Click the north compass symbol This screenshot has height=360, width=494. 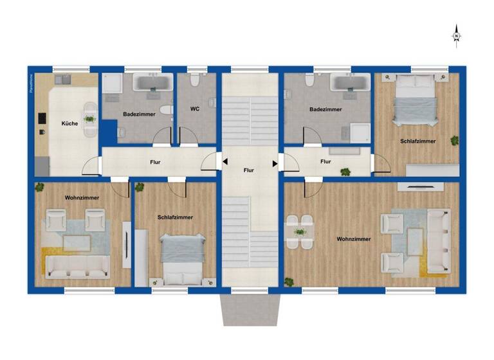[456, 35]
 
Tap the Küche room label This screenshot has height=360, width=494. [69, 123]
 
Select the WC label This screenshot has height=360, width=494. [195, 109]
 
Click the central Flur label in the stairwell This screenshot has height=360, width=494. [249, 170]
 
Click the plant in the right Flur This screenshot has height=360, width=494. [345, 172]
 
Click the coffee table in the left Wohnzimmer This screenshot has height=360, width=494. [77, 242]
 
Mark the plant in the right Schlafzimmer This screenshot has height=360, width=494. [455, 140]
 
